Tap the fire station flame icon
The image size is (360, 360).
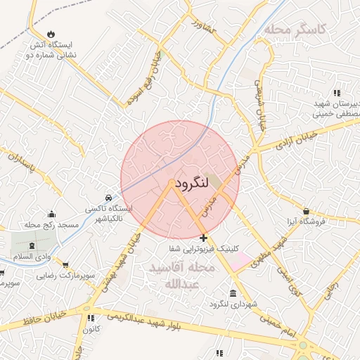[51, 34]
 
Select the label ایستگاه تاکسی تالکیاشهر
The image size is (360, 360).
[108, 214]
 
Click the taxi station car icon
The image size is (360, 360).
[108, 198]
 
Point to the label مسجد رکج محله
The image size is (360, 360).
[51, 225]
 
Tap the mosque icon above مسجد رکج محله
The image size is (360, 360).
[51, 214]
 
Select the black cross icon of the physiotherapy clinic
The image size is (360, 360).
[203, 238]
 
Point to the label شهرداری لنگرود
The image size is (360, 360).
[233, 304]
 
